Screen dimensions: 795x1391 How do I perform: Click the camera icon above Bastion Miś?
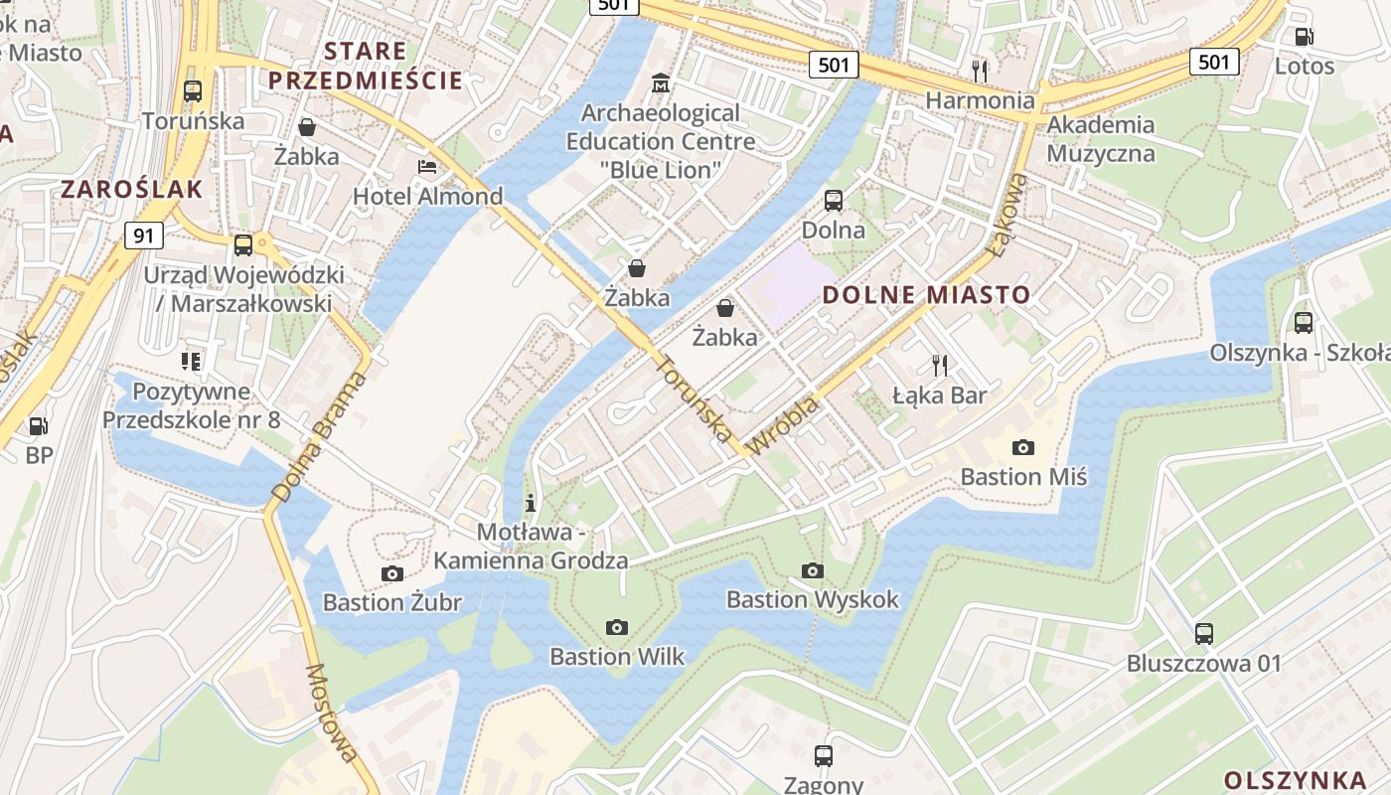(x=1022, y=447)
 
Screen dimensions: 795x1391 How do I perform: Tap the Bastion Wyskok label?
(x=812, y=599)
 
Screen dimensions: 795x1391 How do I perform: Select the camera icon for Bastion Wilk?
(x=617, y=627)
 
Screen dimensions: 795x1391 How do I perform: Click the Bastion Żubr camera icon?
(x=391, y=573)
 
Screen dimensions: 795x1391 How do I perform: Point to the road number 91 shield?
(x=144, y=236)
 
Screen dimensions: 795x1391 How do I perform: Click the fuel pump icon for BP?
(x=38, y=426)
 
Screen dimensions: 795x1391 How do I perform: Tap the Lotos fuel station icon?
(x=1304, y=37)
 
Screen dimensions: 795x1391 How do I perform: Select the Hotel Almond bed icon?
(x=427, y=166)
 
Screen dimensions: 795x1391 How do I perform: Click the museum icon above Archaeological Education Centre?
(x=660, y=82)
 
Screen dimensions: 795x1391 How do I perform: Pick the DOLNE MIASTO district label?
(x=926, y=295)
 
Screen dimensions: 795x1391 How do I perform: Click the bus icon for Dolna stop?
(x=833, y=201)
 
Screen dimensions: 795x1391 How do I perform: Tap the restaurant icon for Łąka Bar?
(x=939, y=366)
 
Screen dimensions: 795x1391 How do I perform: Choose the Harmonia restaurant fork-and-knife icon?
(x=980, y=70)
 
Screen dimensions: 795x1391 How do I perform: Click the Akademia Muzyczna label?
(x=1100, y=139)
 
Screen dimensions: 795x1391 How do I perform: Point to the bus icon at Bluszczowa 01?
(x=1204, y=633)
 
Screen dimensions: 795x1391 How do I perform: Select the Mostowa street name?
(x=332, y=714)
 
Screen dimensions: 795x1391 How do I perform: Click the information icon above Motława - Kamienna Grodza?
(x=531, y=502)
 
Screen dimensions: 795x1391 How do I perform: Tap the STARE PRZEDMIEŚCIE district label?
(x=366, y=66)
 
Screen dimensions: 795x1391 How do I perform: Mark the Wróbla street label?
(x=783, y=425)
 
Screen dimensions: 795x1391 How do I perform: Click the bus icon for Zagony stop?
(x=824, y=755)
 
